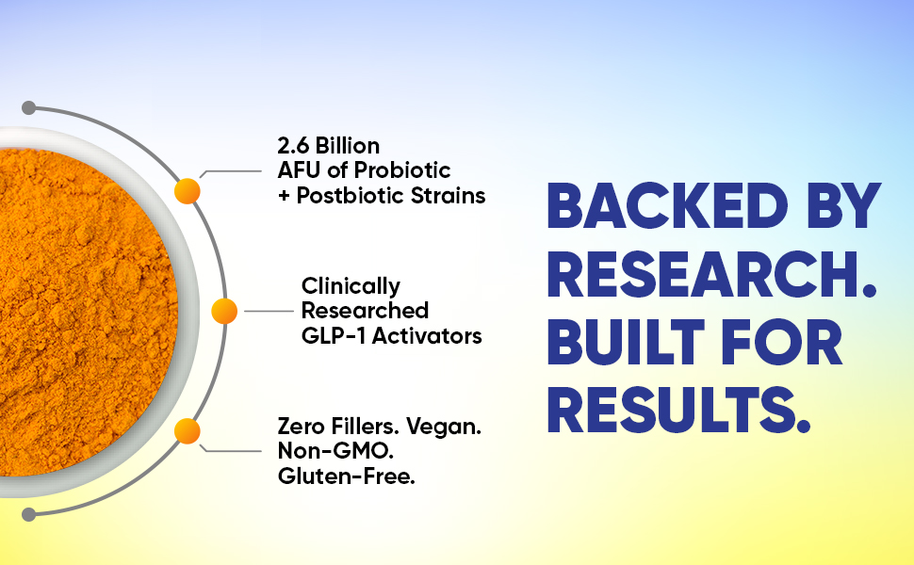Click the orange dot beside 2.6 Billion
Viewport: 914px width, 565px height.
click(x=188, y=191)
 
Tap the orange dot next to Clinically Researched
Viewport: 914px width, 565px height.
click(x=224, y=311)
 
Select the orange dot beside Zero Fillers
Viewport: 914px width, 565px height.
click(x=188, y=431)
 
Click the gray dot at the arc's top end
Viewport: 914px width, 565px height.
click(x=29, y=106)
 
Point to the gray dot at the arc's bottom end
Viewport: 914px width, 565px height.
click(x=29, y=514)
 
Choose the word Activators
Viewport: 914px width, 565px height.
click(x=427, y=335)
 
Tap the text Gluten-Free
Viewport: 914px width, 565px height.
click(x=347, y=476)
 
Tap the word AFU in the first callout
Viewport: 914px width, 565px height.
click(x=299, y=170)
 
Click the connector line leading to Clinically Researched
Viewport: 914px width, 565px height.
click(x=269, y=311)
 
